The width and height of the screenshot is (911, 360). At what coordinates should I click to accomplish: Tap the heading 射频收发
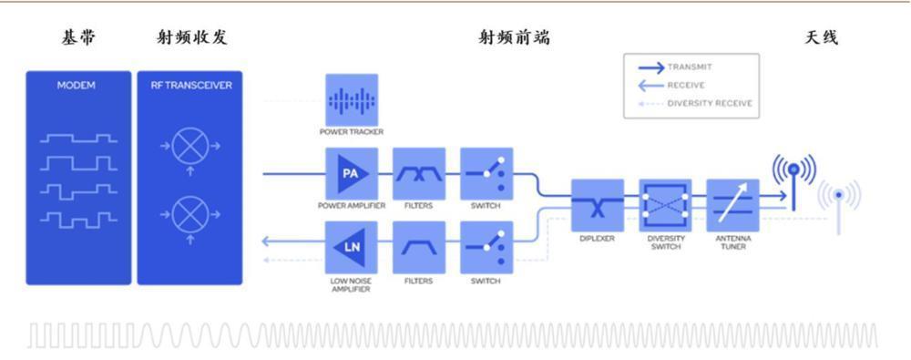pyautogui.click(x=191, y=38)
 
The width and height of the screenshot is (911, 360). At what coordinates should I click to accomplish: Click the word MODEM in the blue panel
pyautogui.click(x=77, y=86)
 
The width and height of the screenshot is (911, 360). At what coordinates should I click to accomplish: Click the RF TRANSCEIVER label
pyautogui.click(x=191, y=86)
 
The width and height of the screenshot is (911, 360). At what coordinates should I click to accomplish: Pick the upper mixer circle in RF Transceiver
pyautogui.click(x=190, y=145)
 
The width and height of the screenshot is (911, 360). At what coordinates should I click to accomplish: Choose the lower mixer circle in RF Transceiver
pyautogui.click(x=190, y=217)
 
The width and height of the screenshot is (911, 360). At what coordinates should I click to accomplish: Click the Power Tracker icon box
pyautogui.click(x=352, y=100)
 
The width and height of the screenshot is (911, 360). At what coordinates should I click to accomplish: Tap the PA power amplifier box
pyautogui.click(x=352, y=173)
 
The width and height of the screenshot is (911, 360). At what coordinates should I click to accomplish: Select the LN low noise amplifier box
pyautogui.click(x=352, y=247)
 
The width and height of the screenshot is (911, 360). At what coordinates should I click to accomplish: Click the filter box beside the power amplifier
pyautogui.click(x=419, y=173)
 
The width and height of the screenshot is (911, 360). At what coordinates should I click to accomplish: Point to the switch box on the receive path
pyautogui.click(x=486, y=247)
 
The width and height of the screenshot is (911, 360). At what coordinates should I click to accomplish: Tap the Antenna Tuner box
pyautogui.click(x=733, y=206)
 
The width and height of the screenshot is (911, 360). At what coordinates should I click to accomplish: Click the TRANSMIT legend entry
pyautogui.click(x=689, y=67)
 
